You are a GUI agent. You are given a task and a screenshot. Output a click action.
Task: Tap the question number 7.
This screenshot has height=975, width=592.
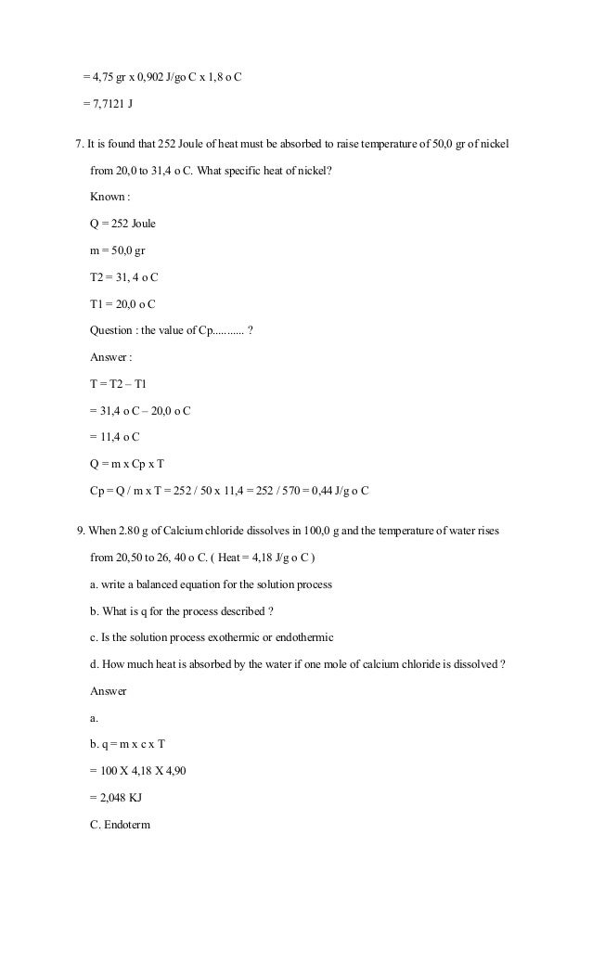coord(79,144)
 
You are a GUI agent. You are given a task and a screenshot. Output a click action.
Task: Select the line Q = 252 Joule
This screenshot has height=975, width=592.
coord(122,224)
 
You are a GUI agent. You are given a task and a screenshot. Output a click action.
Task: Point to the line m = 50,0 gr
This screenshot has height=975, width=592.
coord(117,250)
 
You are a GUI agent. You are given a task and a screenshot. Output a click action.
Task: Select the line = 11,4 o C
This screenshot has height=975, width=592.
coord(115,437)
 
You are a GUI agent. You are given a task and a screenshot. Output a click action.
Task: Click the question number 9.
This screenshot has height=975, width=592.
coord(80,532)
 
